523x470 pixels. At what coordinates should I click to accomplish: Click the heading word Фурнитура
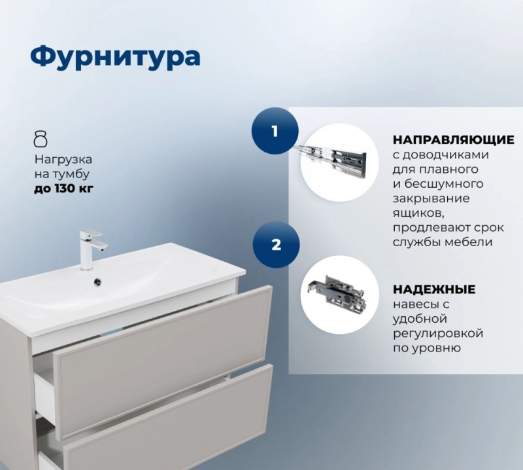pyautogui.click(x=116, y=57)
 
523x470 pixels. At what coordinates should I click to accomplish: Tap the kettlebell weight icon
pyautogui.click(x=41, y=139)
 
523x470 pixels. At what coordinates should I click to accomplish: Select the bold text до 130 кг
pyautogui.click(x=63, y=189)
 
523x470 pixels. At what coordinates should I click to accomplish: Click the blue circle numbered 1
pyautogui.click(x=275, y=131)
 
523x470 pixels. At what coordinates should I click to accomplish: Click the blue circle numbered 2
pyautogui.click(x=276, y=245)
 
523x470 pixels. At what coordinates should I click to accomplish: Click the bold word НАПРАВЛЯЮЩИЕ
pyautogui.click(x=453, y=140)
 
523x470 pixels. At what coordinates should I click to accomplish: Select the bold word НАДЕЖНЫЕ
pyautogui.click(x=434, y=289)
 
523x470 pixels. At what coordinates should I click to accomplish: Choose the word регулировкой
pyautogui.click(x=438, y=334)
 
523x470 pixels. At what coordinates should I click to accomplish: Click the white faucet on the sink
pyautogui.click(x=92, y=249)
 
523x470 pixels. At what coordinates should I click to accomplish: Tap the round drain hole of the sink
pyautogui.click(x=98, y=282)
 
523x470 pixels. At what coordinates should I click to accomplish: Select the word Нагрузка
pyautogui.click(x=63, y=160)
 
